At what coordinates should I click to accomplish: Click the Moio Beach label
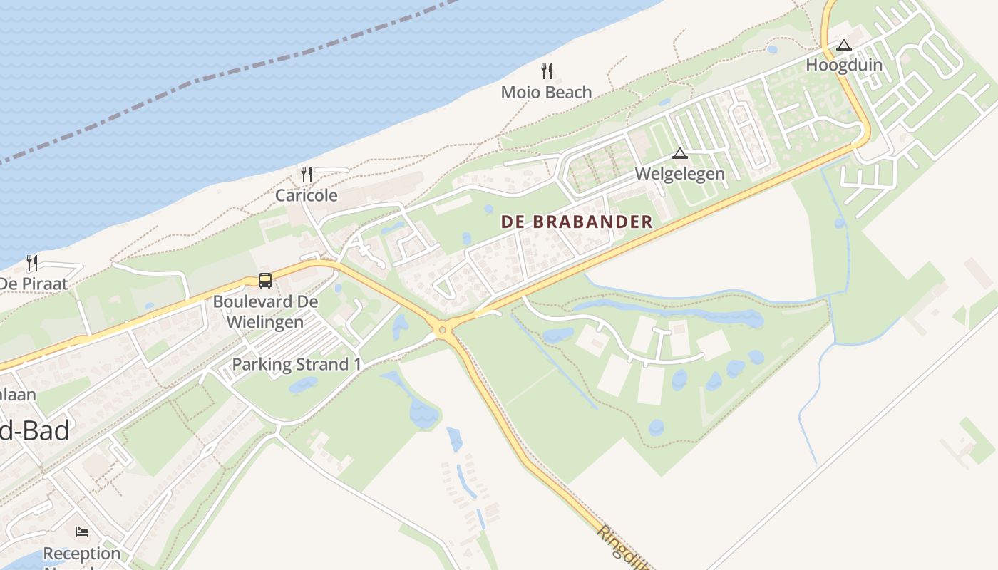click(x=546, y=92)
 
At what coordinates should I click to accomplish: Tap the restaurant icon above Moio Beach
click(x=547, y=71)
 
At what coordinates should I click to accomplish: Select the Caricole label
click(x=307, y=195)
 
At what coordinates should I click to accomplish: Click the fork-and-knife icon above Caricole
click(x=307, y=174)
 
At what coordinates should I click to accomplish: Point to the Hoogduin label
click(x=844, y=65)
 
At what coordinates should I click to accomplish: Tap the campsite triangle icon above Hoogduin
click(x=844, y=45)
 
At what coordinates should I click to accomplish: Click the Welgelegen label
click(x=679, y=174)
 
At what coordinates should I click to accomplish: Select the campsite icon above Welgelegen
click(x=680, y=153)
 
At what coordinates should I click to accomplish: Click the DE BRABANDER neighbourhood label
click(x=577, y=222)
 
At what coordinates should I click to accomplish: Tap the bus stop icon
click(x=265, y=281)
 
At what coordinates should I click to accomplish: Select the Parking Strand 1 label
click(x=296, y=365)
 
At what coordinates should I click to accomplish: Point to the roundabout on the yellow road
click(x=443, y=329)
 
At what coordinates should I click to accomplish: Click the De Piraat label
click(x=34, y=284)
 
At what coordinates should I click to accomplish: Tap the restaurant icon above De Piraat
click(x=32, y=263)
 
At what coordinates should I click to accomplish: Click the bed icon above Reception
click(x=82, y=532)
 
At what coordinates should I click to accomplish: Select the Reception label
click(x=82, y=554)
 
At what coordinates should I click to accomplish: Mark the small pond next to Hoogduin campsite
click(x=772, y=49)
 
